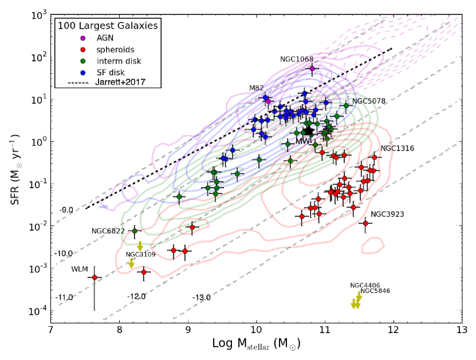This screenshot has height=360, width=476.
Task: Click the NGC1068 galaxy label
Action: pos(297,59)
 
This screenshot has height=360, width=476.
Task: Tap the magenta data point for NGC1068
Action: pos(312,69)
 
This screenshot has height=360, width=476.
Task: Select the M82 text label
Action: pos(256,88)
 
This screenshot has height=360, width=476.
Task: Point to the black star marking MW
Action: pos(309,132)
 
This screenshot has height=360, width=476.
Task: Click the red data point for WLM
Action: pos(95,278)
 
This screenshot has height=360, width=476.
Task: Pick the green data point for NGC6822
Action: pos(135,231)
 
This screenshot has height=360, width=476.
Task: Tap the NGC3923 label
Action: pos(387,214)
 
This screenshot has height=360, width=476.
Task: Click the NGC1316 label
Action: pos(397,148)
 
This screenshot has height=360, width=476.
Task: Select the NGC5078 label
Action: pos(368,101)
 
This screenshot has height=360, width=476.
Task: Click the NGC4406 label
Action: pos(365,285)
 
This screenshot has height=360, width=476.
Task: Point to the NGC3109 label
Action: pos(141,255)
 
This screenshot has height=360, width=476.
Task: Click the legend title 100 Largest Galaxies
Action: pos(107,25)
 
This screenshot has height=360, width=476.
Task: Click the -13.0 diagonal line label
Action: pos(202,298)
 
